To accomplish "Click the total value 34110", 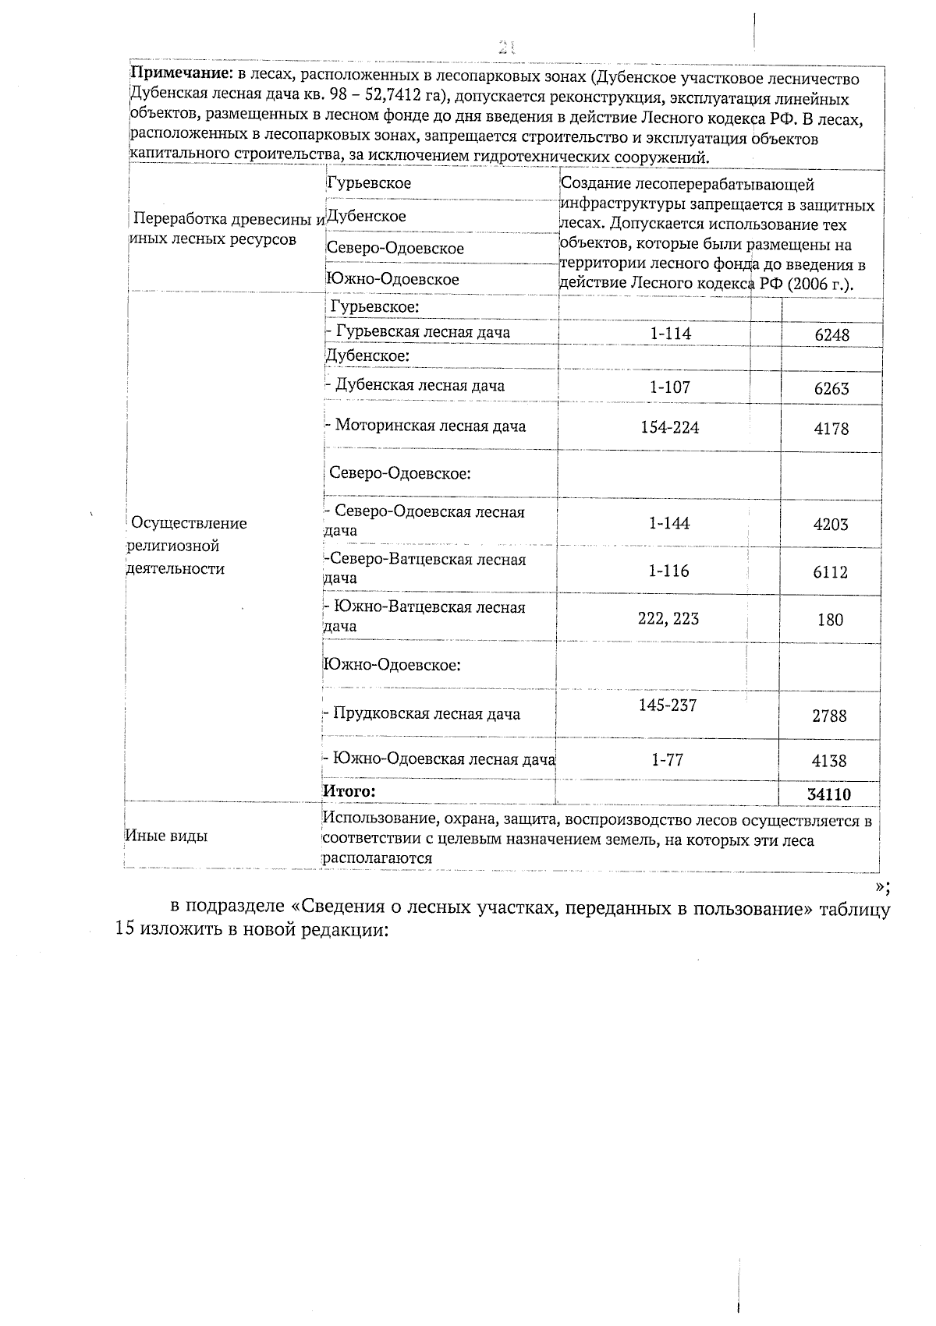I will (x=829, y=794).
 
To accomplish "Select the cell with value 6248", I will (x=831, y=335).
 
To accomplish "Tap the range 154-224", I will (x=669, y=427).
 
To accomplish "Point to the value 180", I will (x=830, y=620).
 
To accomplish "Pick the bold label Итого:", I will (x=349, y=791).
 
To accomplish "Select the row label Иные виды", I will (x=166, y=836).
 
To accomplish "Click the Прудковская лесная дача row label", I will (x=422, y=713).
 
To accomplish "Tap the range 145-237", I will (x=668, y=705).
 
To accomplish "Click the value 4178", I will (x=831, y=429).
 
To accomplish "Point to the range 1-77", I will (x=668, y=759).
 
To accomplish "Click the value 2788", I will (x=829, y=716).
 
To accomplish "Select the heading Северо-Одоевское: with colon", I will (x=399, y=473).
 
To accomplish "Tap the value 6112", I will (x=830, y=572).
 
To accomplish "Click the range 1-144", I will (x=669, y=523).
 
